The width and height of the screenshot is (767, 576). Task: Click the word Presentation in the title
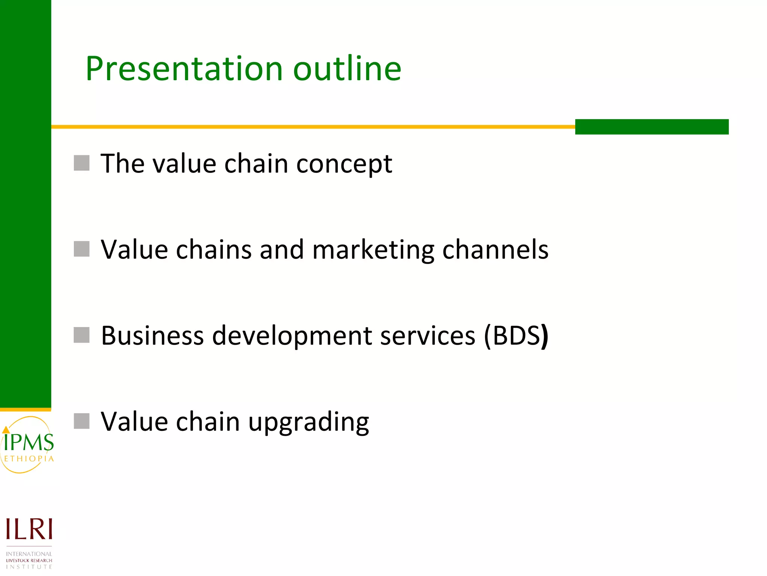pyautogui.click(x=184, y=69)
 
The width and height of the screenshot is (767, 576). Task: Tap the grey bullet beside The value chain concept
pyautogui.click(x=82, y=163)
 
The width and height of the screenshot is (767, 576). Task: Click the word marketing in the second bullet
pyautogui.click(x=373, y=250)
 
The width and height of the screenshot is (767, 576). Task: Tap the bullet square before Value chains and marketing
pyautogui.click(x=82, y=249)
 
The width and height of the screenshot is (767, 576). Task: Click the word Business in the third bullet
pyautogui.click(x=152, y=336)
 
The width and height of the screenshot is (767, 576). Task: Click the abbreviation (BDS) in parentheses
pyautogui.click(x=516, y=336)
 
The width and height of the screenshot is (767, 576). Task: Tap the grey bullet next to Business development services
pyautogui.click(x=82, y=335)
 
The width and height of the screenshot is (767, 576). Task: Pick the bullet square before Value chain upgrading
pyautogui.click(x=82, y=421)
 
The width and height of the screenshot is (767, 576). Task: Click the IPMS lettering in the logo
pyautogui.click(x=29, y=443)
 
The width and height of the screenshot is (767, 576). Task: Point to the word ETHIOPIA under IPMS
pyautogui.click(x=29, y=459)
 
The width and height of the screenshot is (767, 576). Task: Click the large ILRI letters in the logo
pyautogui.click(x=29, y=529)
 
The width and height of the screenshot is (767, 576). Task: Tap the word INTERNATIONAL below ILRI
pyautogui.click(x=29, y=554)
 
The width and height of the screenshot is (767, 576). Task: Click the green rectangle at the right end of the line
pyautogui.click(x=652, y=127)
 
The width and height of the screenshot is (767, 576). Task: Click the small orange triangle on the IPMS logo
pyautogui.click(x=6, y=430)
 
